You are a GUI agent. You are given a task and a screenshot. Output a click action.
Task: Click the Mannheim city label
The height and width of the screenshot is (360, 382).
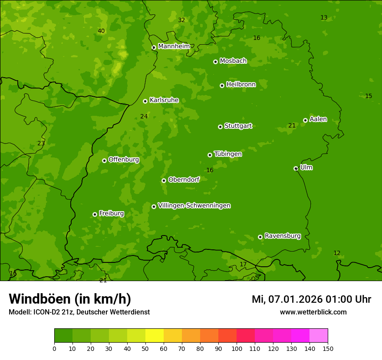174,46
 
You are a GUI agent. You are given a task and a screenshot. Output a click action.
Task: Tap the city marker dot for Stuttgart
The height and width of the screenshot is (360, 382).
220,127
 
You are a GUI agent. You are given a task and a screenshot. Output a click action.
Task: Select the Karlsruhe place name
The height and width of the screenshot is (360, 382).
164,100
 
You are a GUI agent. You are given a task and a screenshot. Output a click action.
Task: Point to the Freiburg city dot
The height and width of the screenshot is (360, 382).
95,214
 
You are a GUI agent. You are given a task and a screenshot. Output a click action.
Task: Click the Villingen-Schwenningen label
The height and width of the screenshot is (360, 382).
194,206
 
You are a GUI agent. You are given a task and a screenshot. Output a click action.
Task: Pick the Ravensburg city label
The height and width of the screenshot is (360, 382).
282,236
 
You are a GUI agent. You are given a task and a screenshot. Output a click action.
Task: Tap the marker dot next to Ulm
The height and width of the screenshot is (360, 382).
296,168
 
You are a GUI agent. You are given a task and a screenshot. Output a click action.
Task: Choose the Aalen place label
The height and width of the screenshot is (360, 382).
318,119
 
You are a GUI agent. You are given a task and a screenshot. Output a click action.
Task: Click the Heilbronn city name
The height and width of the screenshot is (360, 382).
241,85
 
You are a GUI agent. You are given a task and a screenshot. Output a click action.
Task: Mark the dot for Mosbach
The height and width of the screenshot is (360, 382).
215,62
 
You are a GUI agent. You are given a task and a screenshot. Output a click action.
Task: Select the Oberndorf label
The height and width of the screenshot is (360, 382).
184,180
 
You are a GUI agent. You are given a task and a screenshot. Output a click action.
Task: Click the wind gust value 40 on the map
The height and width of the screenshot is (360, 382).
101,31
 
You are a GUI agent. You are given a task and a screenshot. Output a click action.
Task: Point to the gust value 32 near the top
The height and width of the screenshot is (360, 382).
181,20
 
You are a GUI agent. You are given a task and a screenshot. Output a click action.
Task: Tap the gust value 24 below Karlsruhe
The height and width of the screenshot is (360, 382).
144,116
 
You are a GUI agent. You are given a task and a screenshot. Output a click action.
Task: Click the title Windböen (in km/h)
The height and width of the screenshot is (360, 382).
70,299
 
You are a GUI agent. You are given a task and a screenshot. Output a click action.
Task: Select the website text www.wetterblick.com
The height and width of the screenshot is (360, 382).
313,312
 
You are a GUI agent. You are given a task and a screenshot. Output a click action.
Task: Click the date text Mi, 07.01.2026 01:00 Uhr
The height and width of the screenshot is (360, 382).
311,299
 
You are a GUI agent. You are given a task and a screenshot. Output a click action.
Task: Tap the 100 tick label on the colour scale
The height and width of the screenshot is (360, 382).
237,348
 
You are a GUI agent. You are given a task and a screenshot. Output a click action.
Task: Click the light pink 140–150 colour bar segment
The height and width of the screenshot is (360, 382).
319,336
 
